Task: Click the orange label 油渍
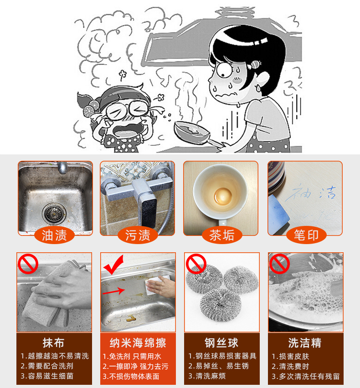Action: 54,235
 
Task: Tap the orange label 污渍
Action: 138,235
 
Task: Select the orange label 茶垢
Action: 222,235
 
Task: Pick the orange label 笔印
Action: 306,235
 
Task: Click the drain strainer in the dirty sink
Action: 54,213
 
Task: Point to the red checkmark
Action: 113,265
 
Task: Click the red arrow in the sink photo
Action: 113,291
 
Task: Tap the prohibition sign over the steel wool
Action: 196,264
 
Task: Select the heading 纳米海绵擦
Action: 138,343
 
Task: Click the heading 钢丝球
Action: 221,343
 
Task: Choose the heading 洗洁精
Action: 305,343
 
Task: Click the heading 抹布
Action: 53,343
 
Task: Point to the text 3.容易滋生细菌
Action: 47,376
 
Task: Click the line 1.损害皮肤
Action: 290,356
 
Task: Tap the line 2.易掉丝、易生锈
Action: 219,366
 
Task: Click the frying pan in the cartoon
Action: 195,133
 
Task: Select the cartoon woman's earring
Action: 258,88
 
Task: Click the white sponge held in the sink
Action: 155,286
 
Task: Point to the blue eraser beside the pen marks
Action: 278,214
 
